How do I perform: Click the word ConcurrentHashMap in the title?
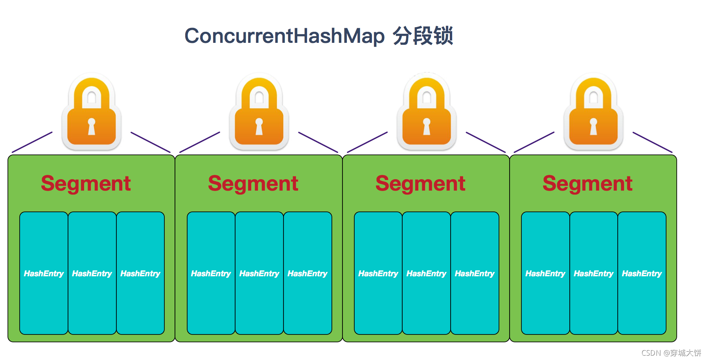tap(284, 36)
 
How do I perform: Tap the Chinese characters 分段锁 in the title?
tap(423, 36)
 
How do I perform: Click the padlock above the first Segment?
tap(92, 112)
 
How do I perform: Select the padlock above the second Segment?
tap(259, 112)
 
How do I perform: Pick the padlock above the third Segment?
tap(427, 112)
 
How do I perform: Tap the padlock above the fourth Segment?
tap(593, 112)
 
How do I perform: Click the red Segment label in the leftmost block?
tap(86, 184)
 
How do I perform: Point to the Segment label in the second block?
tap(253, 184)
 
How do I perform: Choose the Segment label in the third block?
tap(420, 184)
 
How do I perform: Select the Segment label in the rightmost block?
tap(587, 184)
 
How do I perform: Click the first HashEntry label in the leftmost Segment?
tap(44, 274)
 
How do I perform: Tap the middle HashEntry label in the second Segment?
tap(259, 274)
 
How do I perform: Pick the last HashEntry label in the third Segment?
tap(475, 274)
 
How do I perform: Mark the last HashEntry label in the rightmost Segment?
tap(642, 274)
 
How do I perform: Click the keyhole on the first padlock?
tap(92, 126)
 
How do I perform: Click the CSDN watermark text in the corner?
tap(671, 353)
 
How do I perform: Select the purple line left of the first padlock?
tap(32, 142)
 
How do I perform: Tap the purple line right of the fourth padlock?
tap(652, 142)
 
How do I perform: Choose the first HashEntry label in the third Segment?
tap(378, 274)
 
